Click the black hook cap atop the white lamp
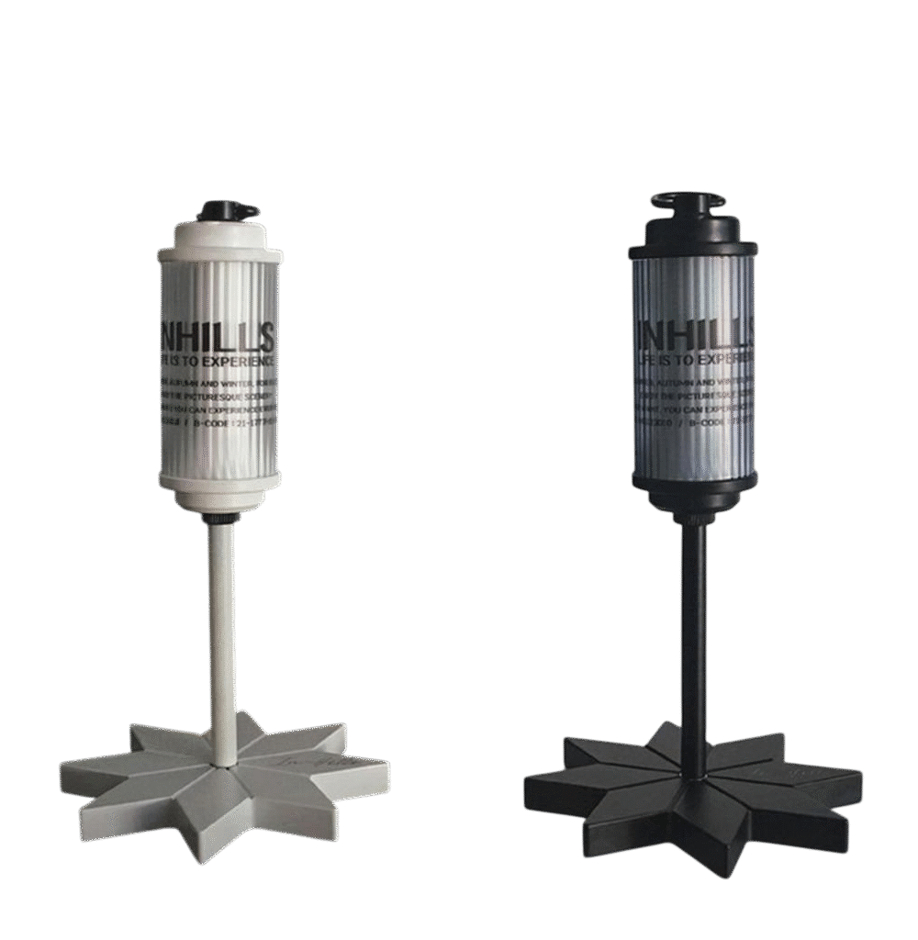228,210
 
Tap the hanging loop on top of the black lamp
688,200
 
